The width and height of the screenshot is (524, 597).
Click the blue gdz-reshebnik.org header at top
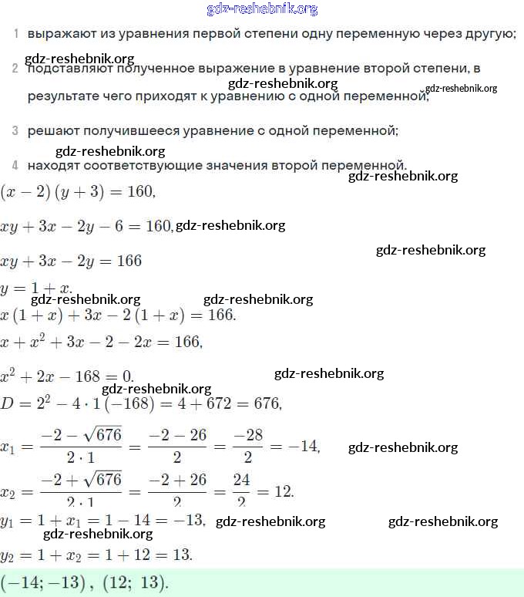click(262, 9)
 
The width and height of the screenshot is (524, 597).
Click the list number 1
click(15, 34)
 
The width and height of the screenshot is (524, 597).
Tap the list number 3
click(15, 131)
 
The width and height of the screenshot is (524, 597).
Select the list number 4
click(15, 165)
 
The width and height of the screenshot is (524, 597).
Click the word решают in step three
click(49, 131)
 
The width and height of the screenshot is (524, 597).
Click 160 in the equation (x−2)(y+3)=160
click(140, 191)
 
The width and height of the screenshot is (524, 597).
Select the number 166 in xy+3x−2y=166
click(129, 261)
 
